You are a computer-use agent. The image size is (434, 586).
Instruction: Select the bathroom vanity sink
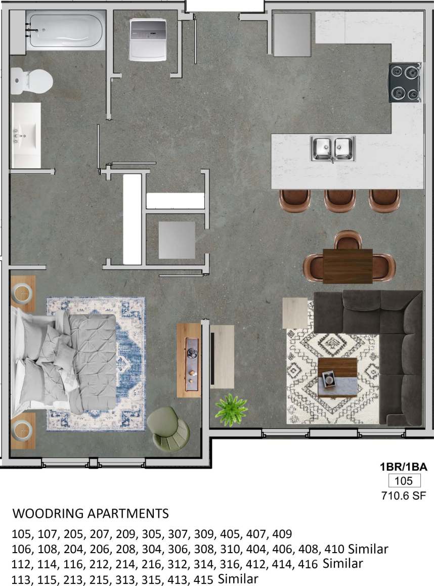pos(26,134)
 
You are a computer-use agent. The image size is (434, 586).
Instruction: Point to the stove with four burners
pos(405,82)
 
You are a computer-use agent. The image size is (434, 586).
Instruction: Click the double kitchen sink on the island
pos(333,149)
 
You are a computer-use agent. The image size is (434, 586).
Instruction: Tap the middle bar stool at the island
pos(340,200)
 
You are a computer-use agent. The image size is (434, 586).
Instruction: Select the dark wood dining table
pos(348,266)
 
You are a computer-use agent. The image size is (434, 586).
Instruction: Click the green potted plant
pos(231,409)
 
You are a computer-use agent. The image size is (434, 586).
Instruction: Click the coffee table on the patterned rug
pos(337,377)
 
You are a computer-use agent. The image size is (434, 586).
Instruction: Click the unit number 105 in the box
pos(404,481)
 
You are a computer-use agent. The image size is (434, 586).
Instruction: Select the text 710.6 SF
pos(404,496)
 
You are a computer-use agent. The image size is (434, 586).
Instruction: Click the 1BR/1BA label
pos(404,467)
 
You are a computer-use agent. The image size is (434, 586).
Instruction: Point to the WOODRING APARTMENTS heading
pos(91,514)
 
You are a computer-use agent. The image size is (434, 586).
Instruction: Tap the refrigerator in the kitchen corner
pos(292,34)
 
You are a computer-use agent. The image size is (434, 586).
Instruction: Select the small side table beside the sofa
pos(294,312)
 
